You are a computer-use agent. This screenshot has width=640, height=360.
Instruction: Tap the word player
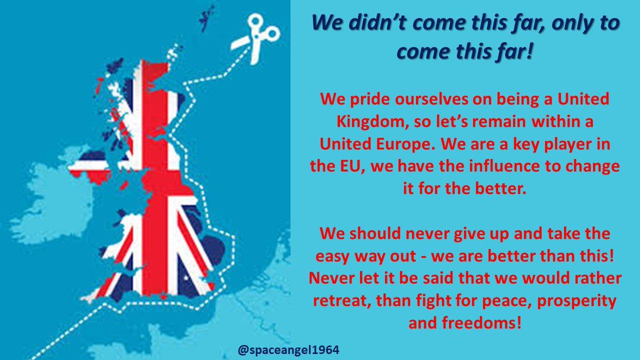(567, 144)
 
